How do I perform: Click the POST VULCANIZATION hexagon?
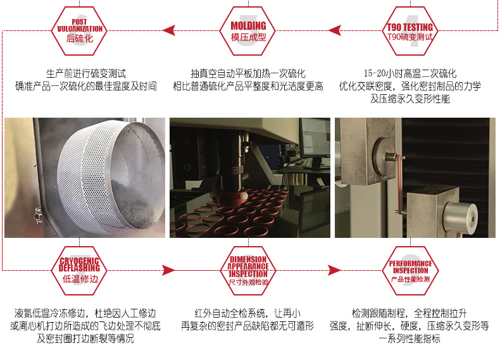(x=79, y=30)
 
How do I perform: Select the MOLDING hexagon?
(x=247, y=30)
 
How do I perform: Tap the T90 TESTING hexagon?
(x=410, y=30)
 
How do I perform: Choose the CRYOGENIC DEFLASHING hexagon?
(x=79, y=270)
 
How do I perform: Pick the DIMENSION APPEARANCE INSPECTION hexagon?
(x=247, y=270)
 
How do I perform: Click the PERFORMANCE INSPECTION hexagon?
(x=410, y=270)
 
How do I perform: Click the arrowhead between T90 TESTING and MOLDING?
(x=335, y=30)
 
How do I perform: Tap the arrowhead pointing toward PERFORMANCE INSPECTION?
(x=335, y=270)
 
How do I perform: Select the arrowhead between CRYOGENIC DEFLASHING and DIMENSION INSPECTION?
(x=168, y=270)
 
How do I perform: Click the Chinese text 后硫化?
(x=80, y=39)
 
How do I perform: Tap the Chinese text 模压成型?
(x=248, y=37)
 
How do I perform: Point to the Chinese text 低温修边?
(x=80, y=279)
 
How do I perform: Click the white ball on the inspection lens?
(x=244, y=196)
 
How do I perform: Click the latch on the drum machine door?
(x=39, y=216)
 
